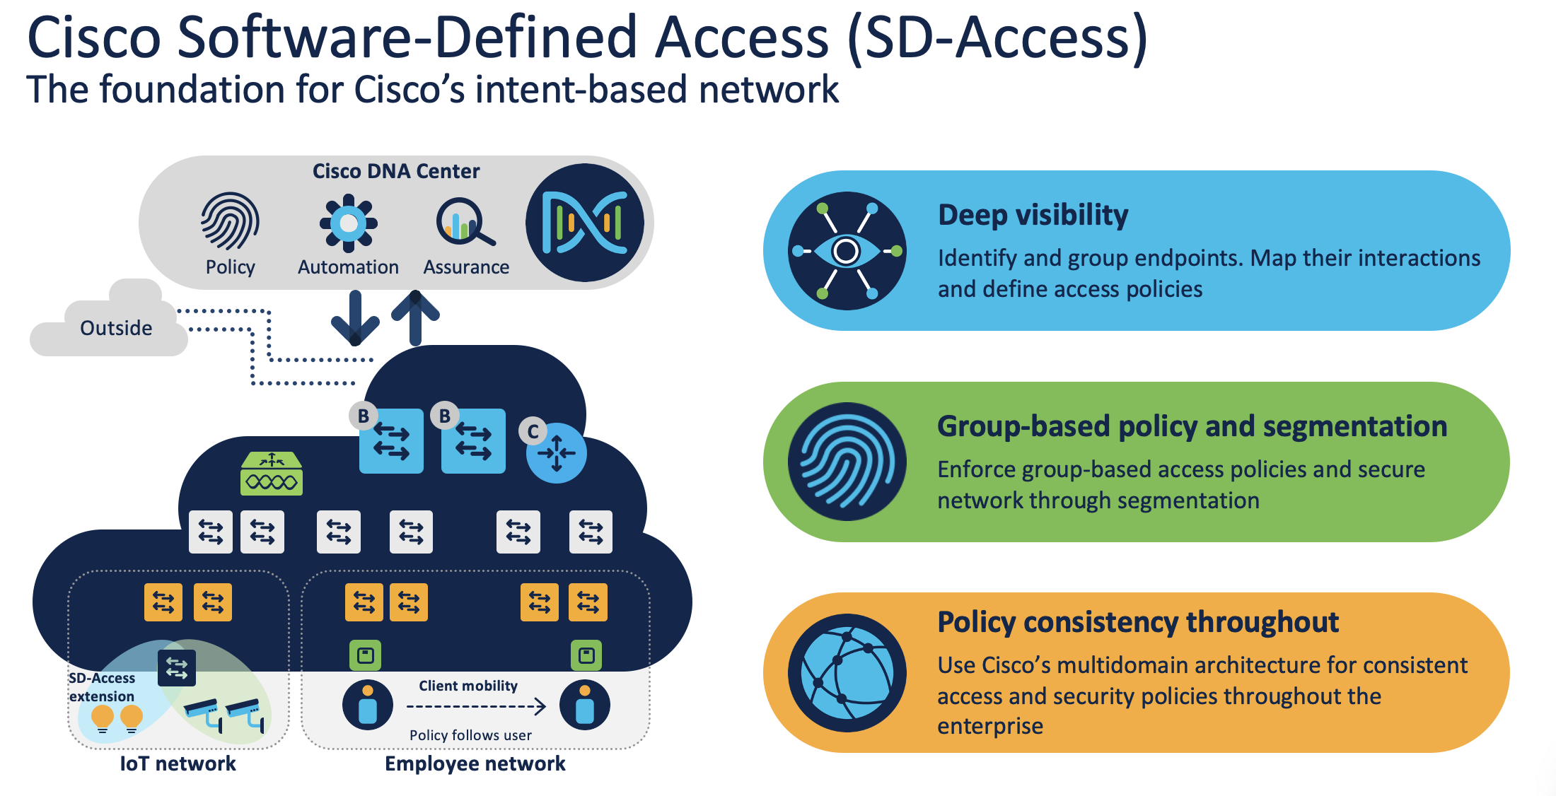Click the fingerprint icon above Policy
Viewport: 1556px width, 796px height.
(230, 222)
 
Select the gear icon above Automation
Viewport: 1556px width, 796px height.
(348, 223)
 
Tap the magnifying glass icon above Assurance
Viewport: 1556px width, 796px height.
(465, 222)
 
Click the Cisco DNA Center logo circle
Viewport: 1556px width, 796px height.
(585, 223)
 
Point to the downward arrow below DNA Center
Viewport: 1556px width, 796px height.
(355, 318)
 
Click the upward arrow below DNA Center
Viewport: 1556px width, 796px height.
(416, 318)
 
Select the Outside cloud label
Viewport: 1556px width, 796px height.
(116, 328)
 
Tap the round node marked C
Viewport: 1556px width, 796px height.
(557, 452)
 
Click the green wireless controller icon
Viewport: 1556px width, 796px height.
(272, 474)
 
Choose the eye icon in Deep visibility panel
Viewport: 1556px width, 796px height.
(847, 251)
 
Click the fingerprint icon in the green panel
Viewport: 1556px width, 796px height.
(847, 462)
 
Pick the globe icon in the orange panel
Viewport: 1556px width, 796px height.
(847, 673)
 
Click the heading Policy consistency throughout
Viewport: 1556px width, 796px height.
(1137, 622)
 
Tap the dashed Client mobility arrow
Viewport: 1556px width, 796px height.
(476, 706)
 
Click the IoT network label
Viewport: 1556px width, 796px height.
(178, 763)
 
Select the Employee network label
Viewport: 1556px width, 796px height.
(475, 763)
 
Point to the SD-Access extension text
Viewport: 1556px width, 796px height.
(102, 687)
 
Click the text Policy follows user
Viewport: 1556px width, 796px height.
(470, 735)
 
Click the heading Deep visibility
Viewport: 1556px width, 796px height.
(1033, 215)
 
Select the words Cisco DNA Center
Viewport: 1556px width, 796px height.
(396, 171)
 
